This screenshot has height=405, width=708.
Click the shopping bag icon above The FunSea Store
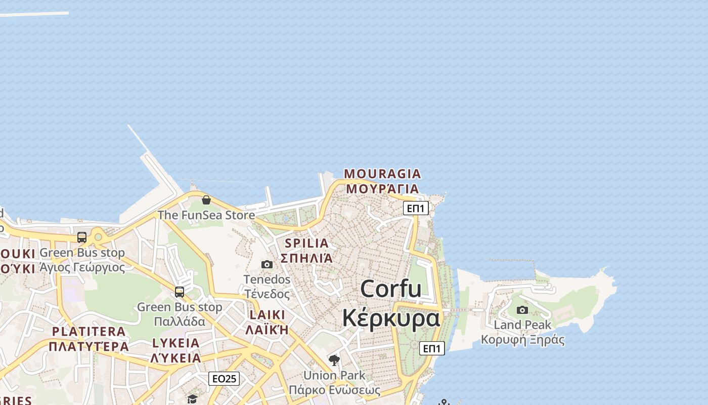pyautogui.click(x=206, y=200)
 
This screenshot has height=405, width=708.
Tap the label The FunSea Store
pyautogui.click(x=206, y=215)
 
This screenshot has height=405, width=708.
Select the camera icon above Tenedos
pyautogui.click(x=267, y=264)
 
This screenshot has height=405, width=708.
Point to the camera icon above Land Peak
pyautogui.click(x=522, y=310)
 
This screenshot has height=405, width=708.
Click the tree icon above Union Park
pyautogui.click(x=334, y=360)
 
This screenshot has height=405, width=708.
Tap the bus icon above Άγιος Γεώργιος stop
pyautogui.click(x=82, y=237)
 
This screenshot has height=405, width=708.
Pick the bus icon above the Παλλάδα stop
pyautogui.click(x=180, y=292)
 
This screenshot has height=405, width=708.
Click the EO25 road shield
pyautogui.click(x=224, y=379)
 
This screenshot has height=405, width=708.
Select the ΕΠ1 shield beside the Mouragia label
pyautogui.click(x=416, y=208)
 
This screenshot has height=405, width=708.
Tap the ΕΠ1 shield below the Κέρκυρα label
pyautogui.click(x=432, y=348)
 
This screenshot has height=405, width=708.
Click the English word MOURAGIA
pyautogui.click(x=382, y=174)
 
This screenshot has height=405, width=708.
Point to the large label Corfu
pyautogui.click(x=391, y=289)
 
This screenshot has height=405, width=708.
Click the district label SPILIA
pyautogui.click(x=306, y=243)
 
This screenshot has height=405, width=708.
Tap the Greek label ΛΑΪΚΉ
pyautogui.click(x=267, y=330)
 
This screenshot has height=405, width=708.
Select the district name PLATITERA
pyautogui.click(x=89, y=332)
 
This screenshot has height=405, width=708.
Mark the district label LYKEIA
pyautogui.click(x=176, y=343)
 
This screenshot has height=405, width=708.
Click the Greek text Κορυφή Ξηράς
pyautogui.click(x=522, y=340)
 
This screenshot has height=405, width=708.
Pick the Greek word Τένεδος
pyautogui.click(x=268, y=294)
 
